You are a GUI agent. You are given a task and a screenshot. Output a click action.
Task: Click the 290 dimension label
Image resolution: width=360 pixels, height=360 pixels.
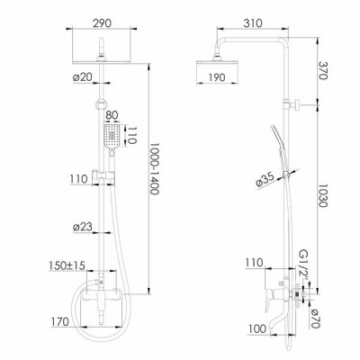(102, 23)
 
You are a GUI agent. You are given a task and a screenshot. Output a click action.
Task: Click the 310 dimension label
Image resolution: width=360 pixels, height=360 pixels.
(253, 23)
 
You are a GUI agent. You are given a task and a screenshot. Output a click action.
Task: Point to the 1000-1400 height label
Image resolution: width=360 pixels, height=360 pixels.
(154, 168)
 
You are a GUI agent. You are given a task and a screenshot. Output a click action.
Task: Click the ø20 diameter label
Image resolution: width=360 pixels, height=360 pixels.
(82, 77)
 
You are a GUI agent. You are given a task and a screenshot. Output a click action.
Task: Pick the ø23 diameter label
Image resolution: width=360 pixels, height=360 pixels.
(82, 227)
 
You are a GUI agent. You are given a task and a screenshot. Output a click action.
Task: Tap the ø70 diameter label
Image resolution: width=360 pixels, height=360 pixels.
(316, 319)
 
